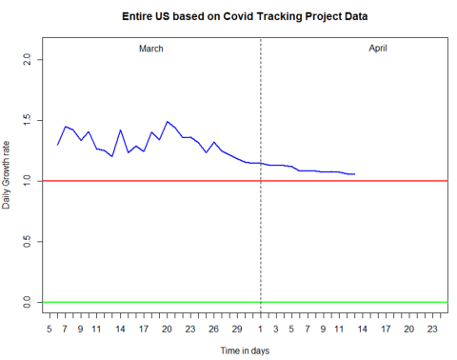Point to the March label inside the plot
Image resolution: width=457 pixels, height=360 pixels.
coord(152,48)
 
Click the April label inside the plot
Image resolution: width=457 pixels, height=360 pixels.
coord(378,48)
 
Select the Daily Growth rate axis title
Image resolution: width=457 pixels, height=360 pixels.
coord(8,180)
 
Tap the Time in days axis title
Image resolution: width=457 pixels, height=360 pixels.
coord(246,351)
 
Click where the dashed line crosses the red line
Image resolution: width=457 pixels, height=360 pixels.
coord(260,181)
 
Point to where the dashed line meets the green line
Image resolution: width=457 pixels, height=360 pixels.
coord(260,302)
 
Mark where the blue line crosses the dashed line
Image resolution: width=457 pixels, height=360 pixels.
coord(260,163)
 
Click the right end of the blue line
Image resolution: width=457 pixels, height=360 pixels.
coord(354,174)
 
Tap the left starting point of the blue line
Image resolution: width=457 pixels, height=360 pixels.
coord(57,145)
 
